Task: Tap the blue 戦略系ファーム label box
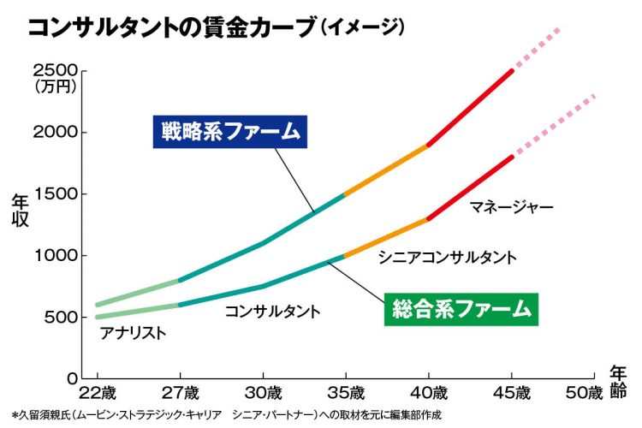(230, 132)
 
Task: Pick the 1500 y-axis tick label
(56, 194)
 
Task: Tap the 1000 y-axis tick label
(56, 256)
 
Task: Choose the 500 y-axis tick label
(61, 318)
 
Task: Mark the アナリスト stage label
(132, 332)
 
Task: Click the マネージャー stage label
(511, 206)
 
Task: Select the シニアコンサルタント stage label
(446, 256)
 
